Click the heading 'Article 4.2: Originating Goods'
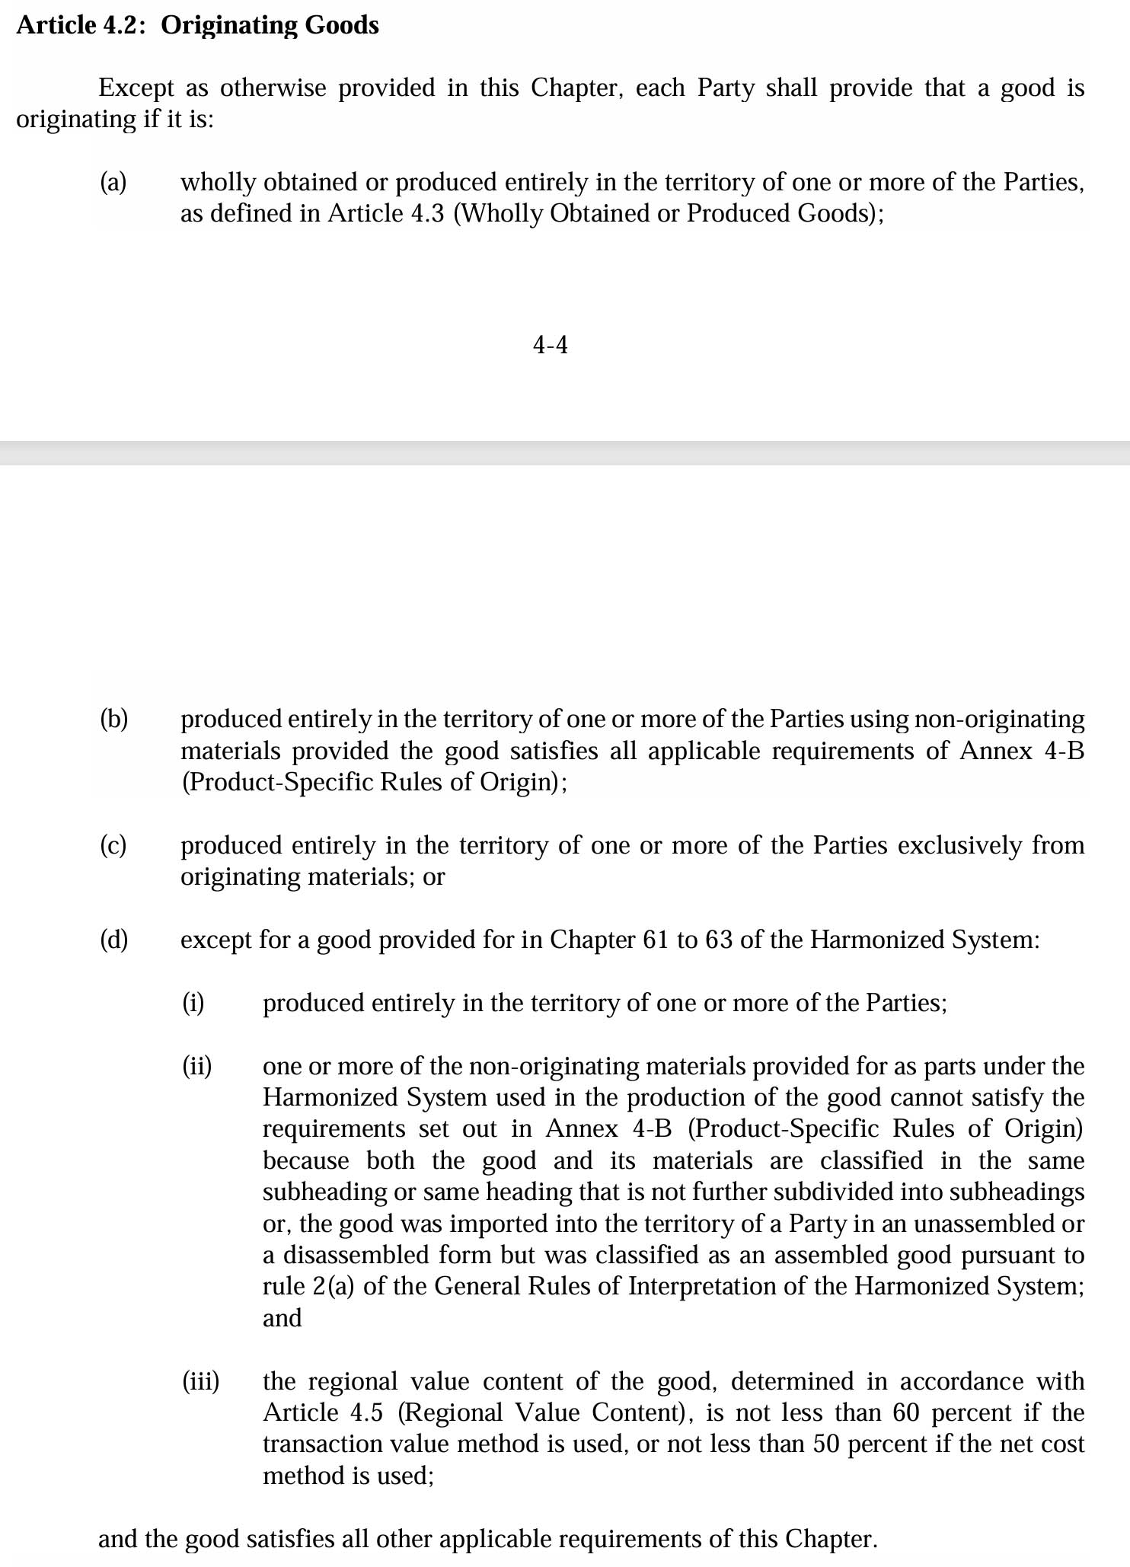(x=197, y=26)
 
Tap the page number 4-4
(x=550, y=346)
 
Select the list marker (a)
(x=113, y=183)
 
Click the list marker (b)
(x=114, y=720)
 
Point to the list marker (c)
(x=113, y=846)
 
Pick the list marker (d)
(x=114, y=940)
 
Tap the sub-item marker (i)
(x=193, y=1004)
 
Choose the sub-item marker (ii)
(x=196, y=1067)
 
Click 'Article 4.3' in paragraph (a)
(x=386, y=214)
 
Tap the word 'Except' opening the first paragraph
(x=136, y=88)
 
